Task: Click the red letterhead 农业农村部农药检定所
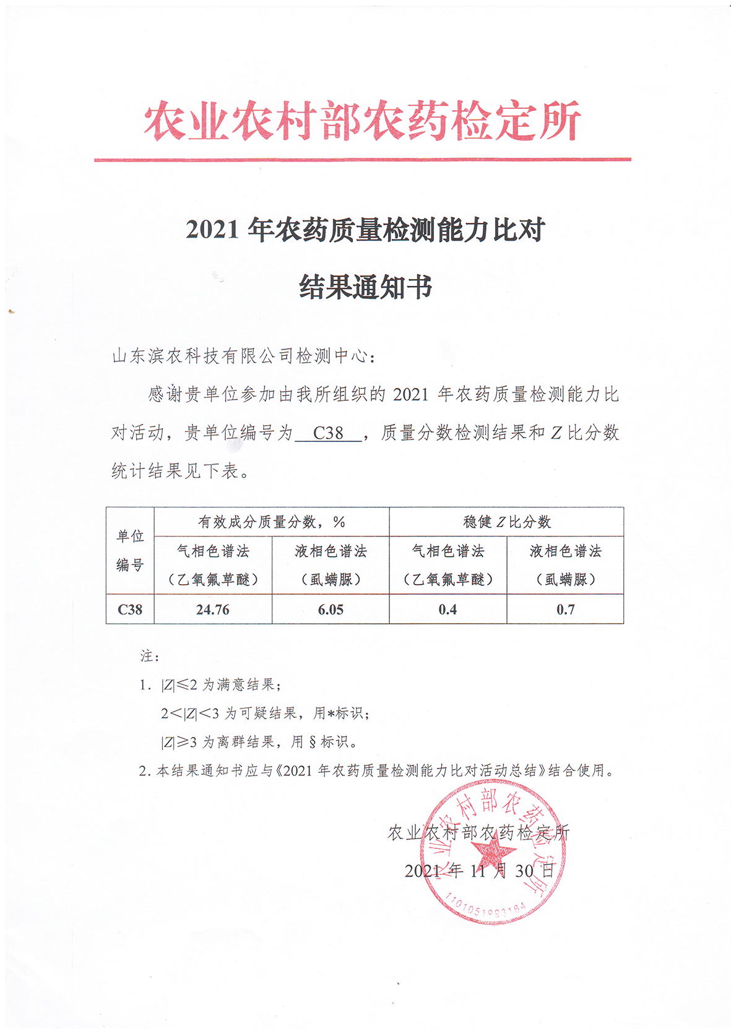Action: pyautogui.click(x=362, y=120)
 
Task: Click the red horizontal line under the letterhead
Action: pyautogui.click(x=362, y=160)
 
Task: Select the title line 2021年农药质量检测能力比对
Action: pyautogui.click(x=365, y=230)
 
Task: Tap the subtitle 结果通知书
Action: pyautogui.click(x=365, y=287)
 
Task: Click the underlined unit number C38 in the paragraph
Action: pyautogui.click(x=328, y=433)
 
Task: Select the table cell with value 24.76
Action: pyautogui.click(x=212, y=610)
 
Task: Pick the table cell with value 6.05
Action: pyautogui.click(x=331, y=610)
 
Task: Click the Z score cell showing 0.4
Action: pyautogui.click(x=448, y=610)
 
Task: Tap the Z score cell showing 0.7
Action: pyautogui.click(x=565, y=610)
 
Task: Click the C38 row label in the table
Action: pyautogui.click(x=130, y=610)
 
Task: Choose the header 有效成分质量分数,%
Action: pyautogui.click(x=271, y=522)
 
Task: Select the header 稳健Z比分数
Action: pyautogui.click(x=506, y=522)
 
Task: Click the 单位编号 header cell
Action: pyautogui.click(x=130, y=550)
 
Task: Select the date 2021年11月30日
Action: pyautogui.click(x=480, y=871)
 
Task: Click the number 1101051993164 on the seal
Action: pyautogui.click(x=486, y=907)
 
